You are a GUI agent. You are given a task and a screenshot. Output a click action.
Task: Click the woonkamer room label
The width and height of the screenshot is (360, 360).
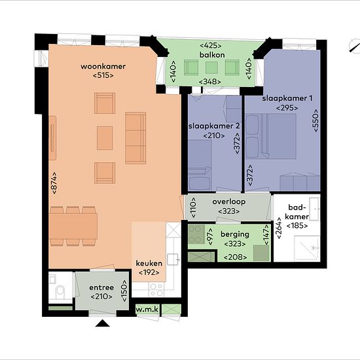click(103, 66)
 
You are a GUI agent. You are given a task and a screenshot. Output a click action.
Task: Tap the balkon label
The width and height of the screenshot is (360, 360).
click(212, 55)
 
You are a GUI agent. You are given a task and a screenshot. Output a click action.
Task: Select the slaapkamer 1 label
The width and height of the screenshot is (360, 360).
click(287, 98)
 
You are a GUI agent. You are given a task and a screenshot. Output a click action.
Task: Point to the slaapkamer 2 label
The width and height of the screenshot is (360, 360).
click(214, 126)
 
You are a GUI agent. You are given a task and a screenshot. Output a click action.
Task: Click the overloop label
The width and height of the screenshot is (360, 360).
click(229, 202)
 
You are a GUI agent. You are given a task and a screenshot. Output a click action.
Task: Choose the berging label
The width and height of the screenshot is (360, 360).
click(235, 234)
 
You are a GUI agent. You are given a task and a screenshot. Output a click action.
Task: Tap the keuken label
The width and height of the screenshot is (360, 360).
click(149, 263)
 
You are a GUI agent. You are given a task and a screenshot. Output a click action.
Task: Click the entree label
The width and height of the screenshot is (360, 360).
click(101, 287)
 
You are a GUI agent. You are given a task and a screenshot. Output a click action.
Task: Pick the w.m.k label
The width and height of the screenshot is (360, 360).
click(147, 310)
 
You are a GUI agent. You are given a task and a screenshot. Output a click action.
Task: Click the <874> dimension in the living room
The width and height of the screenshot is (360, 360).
click(54, 183)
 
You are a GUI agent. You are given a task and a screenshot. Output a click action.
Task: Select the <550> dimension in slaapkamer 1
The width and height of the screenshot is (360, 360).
click(315, 120)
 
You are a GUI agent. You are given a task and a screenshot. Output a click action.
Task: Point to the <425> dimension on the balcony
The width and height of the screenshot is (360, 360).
click(211, 45)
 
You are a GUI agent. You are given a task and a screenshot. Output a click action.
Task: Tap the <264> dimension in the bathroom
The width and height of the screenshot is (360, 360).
click(279, 228)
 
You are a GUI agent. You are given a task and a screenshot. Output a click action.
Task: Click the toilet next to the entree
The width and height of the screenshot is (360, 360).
click(60, 291)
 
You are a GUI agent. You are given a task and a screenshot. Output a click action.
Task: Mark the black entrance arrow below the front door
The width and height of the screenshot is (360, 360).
click(102, 323)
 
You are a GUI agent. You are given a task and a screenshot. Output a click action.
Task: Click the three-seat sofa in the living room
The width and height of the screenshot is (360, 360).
click(135, 138)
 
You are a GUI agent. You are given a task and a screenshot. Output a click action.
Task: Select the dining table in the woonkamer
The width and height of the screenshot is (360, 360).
click(73, 226)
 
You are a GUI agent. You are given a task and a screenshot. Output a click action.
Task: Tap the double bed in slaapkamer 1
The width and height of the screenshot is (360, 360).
click(270, 136)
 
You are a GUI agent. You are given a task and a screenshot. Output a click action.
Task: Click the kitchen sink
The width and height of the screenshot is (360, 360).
click(173, 259)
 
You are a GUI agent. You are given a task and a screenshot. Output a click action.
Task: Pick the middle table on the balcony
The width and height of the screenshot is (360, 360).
click(211, 67)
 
